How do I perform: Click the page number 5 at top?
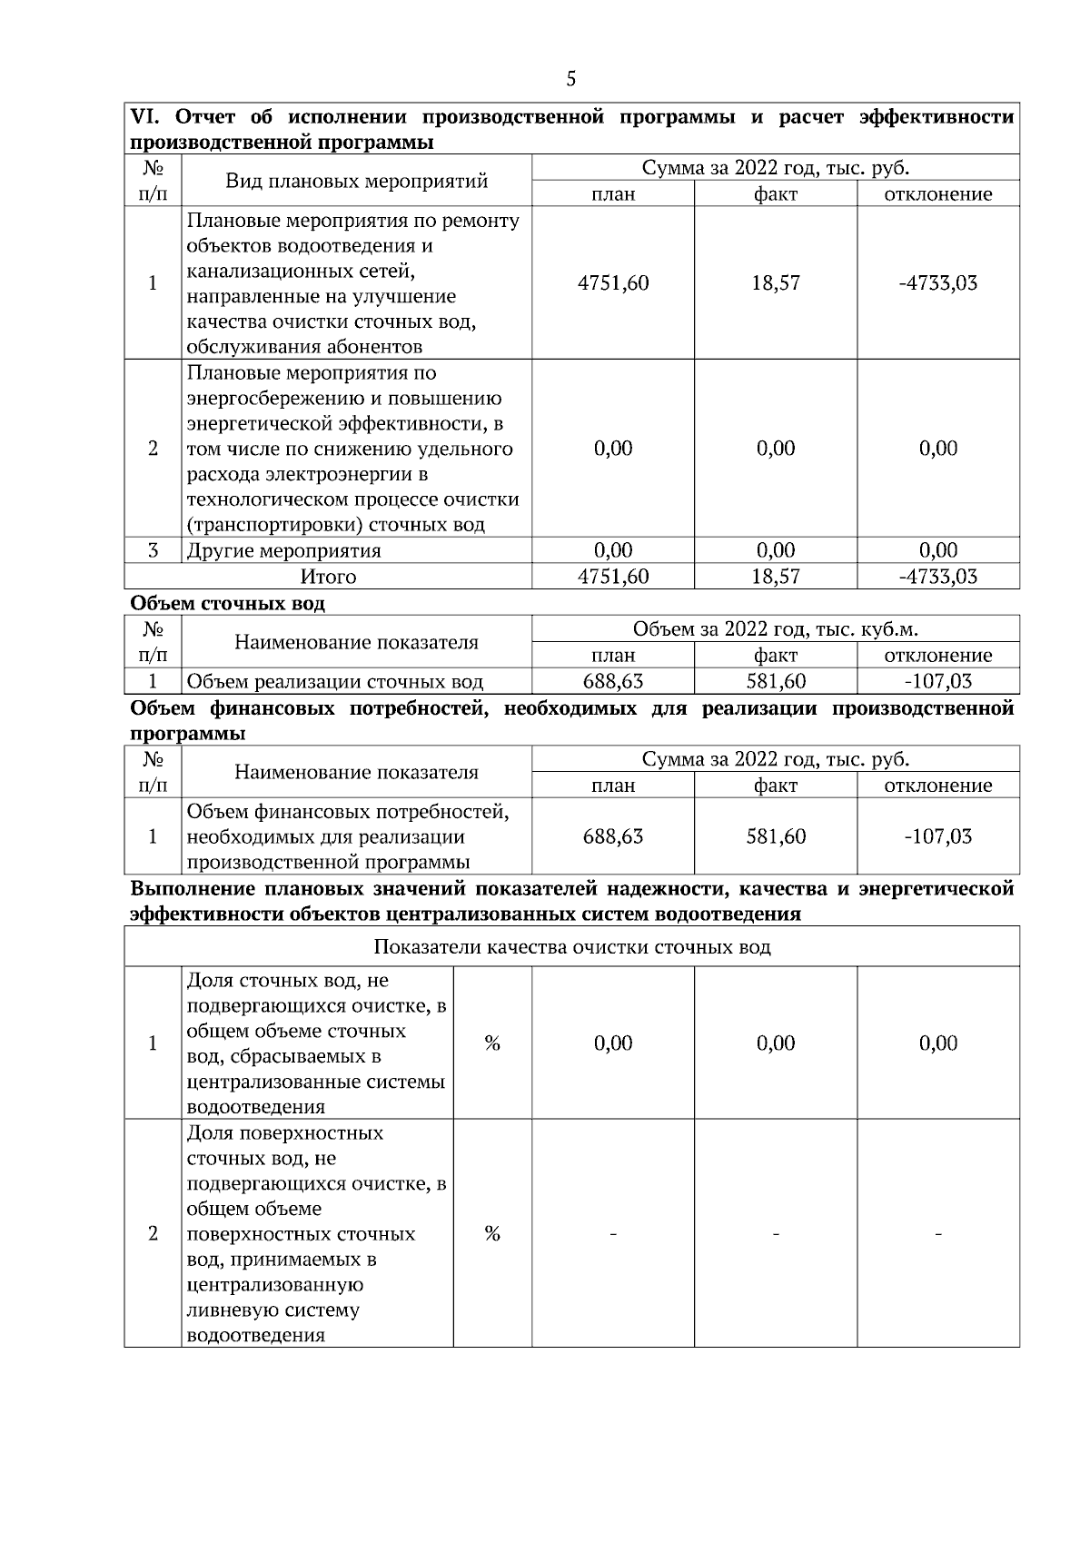pyautogui.click(x=570, y=79)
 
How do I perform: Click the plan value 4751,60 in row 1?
pyautogui.click(x=613, y=282)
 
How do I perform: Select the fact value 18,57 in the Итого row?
pyautogui.click(x=776, y=576)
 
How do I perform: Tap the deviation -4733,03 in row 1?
pyautogui.click(x=938, y=282)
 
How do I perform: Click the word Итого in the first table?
pyautogui.click(x=328, y=577)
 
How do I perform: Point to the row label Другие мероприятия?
pyautogui.click(x=283, y=550)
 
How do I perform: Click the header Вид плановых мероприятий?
pyautogui.click(x=356, y=180)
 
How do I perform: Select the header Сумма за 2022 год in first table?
pyautogui.click(x=775, y=167)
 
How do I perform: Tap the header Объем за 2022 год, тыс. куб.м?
pyautogui.click(x=775, y=628)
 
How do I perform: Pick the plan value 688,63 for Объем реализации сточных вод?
pyautogui.click(x=613, y=681)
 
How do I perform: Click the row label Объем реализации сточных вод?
pyautogui.click(x=334, y=682)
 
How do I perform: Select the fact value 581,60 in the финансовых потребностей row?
pyautogui.click(x=776, y=836)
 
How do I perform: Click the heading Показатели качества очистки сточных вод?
pyautogui.click(x=572, y=947)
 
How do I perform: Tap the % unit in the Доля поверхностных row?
pyautogui.click(x=492, y=1233)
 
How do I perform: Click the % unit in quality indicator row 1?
pyautogui.click(x=492, y=1043)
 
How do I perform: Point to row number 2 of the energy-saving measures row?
pyautogui.click(x=153, y=449)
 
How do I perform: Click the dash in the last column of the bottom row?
pyautogui.click(x=938, y=1233)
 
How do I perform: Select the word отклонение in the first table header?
pyautogui.click(x=938, y=193)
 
